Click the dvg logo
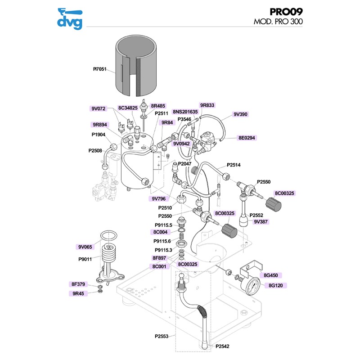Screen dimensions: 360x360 coord(70,18)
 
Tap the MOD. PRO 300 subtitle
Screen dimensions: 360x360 coord(278,22)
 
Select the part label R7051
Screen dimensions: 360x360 coord(100,70)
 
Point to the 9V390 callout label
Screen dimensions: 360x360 coord(241,114)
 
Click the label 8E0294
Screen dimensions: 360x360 coord(247,138)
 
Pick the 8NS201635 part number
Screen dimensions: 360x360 coord(185,111)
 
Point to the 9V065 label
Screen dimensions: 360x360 coord(85,247)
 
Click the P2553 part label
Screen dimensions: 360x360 coord(162,336)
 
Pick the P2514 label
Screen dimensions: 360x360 coord(234,165)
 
